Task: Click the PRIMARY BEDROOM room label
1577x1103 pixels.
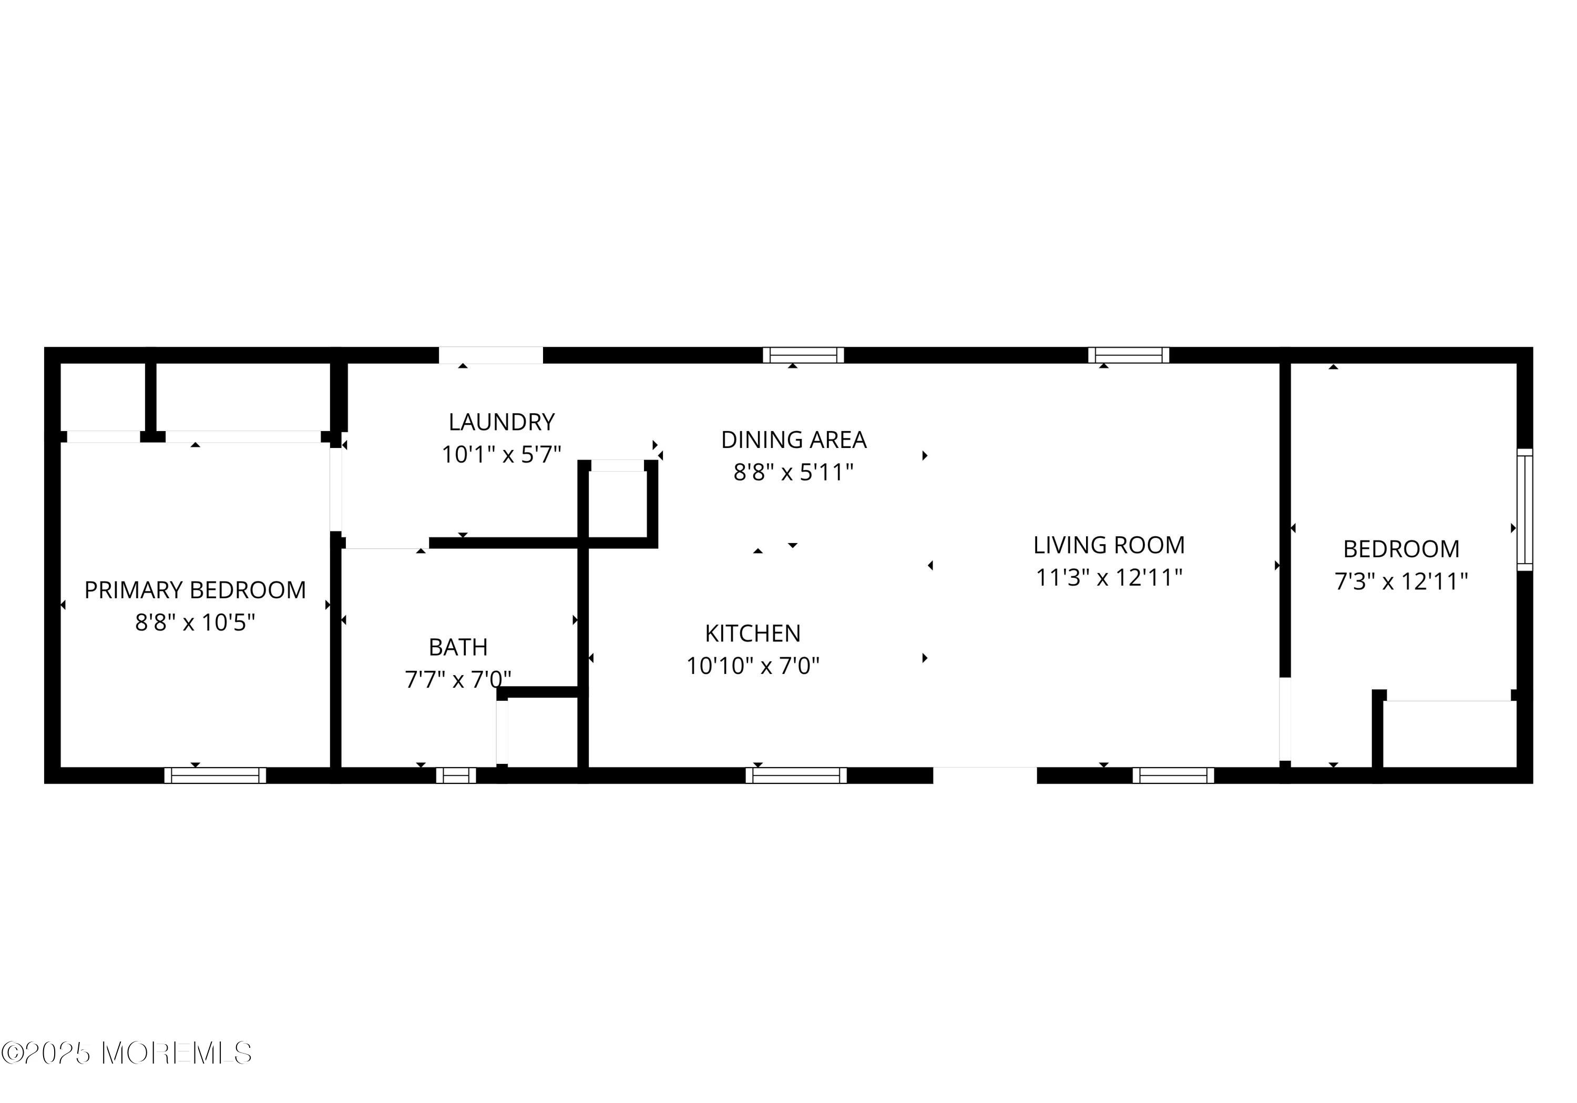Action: pyautogui.click(x=195, y=590)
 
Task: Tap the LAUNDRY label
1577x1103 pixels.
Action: pyautogui.click(x=501, y=422)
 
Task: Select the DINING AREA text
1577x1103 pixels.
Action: pyautogui.click(x=793, y=440)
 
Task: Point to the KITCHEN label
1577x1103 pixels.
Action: pyautogui.click(x=753, y=633)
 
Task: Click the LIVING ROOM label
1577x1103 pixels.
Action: pyautogui.click(x=1109, y=545)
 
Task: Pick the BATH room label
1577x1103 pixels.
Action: pyautogui.click(x=458, y=647)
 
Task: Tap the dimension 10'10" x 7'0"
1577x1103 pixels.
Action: pyautogui.click(x=753, y=666)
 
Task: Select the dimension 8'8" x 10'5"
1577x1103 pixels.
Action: pyautogui.click(x=195, y=622)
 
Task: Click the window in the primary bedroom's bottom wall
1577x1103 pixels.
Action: pyautogui.click(x=215, y=775)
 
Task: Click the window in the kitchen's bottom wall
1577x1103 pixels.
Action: pyautogui.click(x=796, y=775)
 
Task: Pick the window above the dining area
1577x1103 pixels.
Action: pyautogui.click(x=803, y=355)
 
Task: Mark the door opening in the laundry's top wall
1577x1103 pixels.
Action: pyautogui.click(x=490, y=355)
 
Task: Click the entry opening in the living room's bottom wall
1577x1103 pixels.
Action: pyautogui.click(x=984, y=775)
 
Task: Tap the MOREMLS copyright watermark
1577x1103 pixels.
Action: pyautogui.click(x=127, y=1053)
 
